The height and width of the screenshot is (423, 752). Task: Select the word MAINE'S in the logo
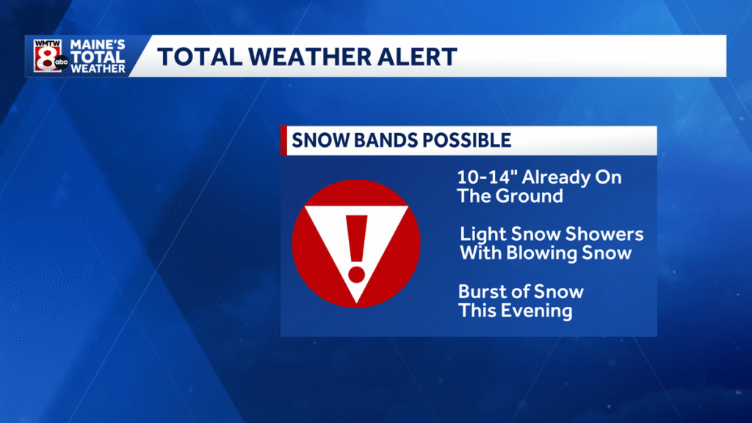click(98, 46)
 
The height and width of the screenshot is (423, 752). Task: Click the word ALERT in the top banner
click(420, 57)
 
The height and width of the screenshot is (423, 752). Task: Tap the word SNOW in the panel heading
click(315, 140)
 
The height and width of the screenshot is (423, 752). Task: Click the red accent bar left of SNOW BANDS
click(283, 140)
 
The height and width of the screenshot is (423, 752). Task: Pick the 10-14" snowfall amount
click(482, 178)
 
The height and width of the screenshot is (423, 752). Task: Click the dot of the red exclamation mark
click(356, 275)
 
